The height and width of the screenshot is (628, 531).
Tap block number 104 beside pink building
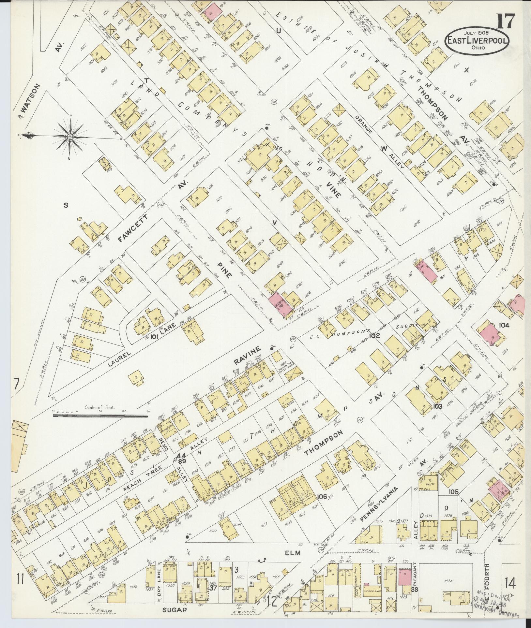pos(504,325)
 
